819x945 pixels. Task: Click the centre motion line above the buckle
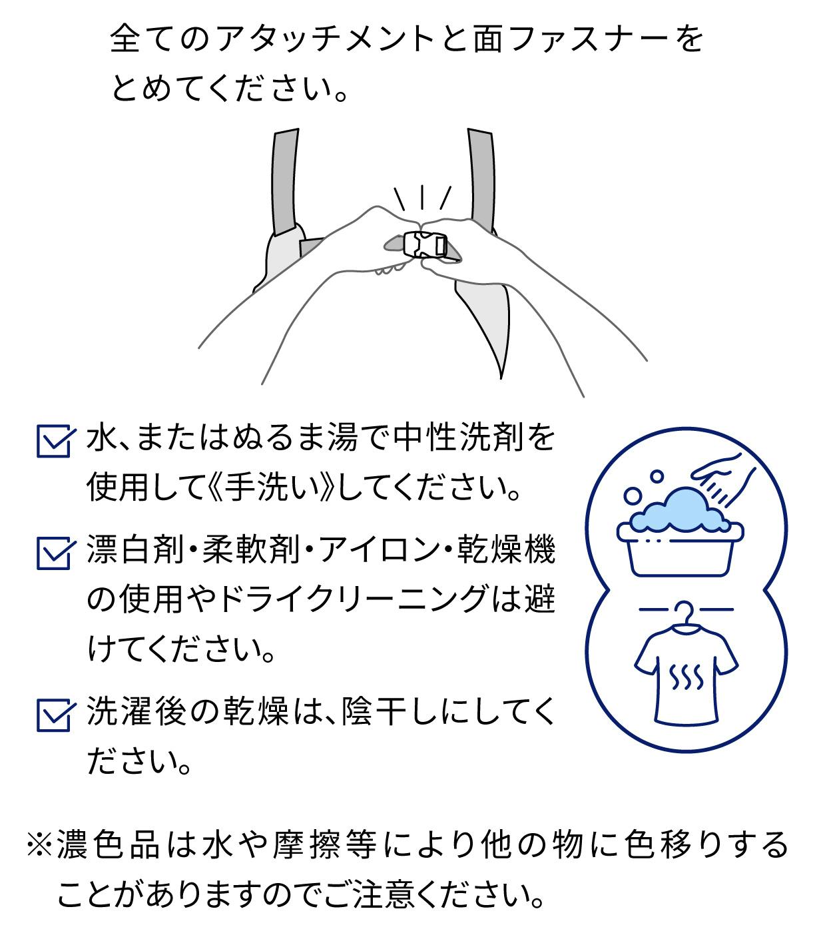pos(421,197)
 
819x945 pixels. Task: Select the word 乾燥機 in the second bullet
pos(507,549)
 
